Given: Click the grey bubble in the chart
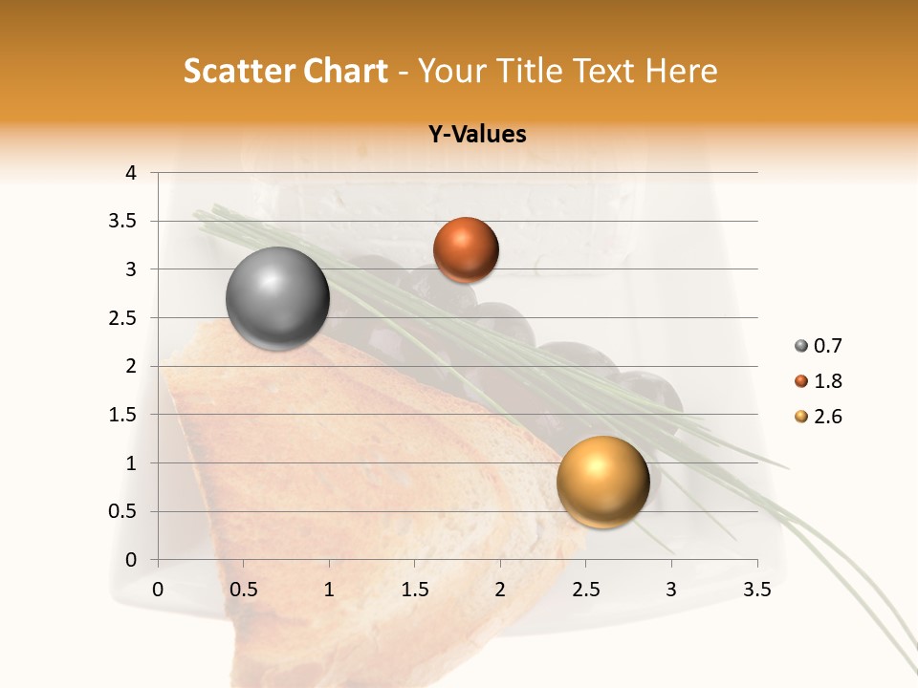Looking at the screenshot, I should coord(278,298).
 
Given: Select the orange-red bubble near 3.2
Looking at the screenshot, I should coord(466,250).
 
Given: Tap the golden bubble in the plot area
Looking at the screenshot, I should coord(602,482).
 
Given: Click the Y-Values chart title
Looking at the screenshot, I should coord(476,135).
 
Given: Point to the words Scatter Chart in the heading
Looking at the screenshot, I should coord(285,71).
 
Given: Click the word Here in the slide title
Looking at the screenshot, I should coord(680,71).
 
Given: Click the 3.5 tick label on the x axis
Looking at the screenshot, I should coord(757,590).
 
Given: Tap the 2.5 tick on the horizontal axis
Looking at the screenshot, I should coord(586,590).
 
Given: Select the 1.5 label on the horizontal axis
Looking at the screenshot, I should coord(415,590).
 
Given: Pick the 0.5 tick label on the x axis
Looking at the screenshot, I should coord(244,590).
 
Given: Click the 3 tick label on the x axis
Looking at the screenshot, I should coord(671,590).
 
